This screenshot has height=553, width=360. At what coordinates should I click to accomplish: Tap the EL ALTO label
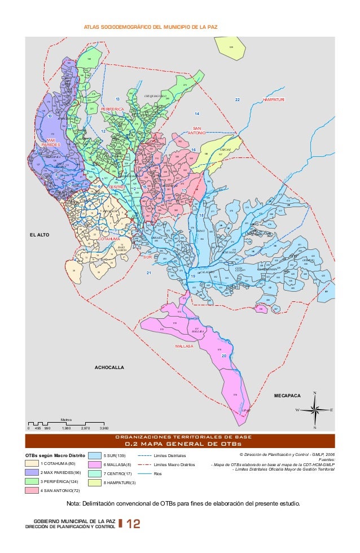pyautogui.click(x=39, y=233)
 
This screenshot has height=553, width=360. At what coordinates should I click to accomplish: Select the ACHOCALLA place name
pyautogui.click(x=109, y=367)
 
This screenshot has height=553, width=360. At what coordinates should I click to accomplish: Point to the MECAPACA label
pyautogui.click(x=287, y=397)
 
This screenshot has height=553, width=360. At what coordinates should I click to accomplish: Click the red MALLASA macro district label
pyautogui.click(x=184, y=346)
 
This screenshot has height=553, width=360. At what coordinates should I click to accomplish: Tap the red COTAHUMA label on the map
pyautogui.click(x=109, y=239)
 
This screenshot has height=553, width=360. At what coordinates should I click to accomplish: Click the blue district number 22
pyautogui.click(x=238, y=100)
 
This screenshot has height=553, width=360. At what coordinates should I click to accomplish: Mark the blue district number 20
pyautogui.click(x=224, y=356)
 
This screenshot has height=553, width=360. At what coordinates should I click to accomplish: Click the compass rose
pyautogui.click(x=315, y=410)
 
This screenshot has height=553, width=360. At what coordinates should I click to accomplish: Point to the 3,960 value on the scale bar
pyautogui.click(x=104, y=429)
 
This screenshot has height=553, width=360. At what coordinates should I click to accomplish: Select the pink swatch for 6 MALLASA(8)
pyautogui.click(x=94, y=464)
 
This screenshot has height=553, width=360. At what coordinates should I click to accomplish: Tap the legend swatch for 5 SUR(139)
pyautogui.click(x=94, y=455)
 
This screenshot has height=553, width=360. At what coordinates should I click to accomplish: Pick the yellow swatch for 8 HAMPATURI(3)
pyautogui.click(x=94, y=483)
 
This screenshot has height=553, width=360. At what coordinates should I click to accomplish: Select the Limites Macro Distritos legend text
pyautogui.click(x=174, y=464)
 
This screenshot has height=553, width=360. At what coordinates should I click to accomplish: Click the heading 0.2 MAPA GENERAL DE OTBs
pyautogui.click(x=179, y=443)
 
